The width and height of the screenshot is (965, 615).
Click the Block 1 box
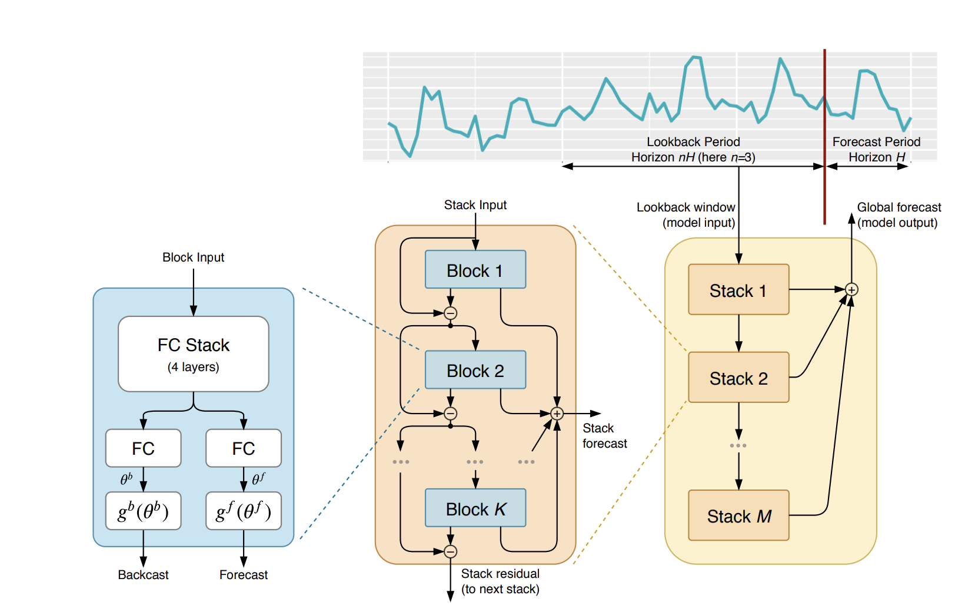tap(475, 270)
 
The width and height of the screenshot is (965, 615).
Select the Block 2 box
tap(475, 370)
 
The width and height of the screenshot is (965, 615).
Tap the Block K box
tap(475, 508)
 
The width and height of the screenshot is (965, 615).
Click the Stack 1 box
tap(738, 290)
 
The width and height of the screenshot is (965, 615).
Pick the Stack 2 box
tap(738, 378)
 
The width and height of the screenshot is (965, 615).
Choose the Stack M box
tap(738, 515)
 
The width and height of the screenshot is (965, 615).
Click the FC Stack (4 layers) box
tap(193, 354)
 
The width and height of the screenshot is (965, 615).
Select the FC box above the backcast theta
tap(143, 448)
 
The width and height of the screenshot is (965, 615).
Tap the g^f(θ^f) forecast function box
tap(243, 511)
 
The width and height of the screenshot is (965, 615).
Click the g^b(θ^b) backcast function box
tap(143, 511)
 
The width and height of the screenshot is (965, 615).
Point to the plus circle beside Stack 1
tap(851, 289)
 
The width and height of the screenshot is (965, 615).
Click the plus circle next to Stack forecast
tap(557, 414)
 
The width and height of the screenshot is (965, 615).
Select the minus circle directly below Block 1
tap(450, 313)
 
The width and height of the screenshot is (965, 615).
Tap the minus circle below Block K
tap(450, 551)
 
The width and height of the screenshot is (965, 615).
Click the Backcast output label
tap(143, 575)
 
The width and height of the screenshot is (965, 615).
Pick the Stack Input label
tap(475, 205)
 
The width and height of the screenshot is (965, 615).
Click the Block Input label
tap(193, 257)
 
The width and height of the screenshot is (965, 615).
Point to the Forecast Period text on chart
tap(876, 142)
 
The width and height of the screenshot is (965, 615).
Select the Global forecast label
tap(898, 207)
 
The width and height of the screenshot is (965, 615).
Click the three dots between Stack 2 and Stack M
tap(738, 445)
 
